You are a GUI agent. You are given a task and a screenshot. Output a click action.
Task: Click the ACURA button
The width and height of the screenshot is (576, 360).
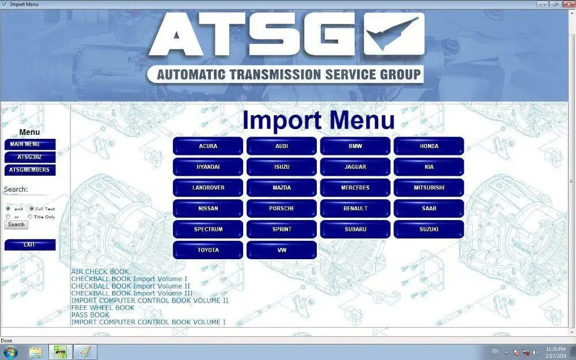(x=208, y=146)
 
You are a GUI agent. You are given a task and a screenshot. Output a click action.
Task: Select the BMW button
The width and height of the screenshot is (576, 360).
(x=355, y=146)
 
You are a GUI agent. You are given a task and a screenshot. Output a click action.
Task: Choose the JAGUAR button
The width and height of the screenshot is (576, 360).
(x=355, y=167)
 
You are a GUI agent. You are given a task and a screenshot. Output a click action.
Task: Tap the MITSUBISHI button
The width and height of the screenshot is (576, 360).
(x=429, y=188)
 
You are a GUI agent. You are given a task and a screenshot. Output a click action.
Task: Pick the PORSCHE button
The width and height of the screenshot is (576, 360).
(x=282, y=209)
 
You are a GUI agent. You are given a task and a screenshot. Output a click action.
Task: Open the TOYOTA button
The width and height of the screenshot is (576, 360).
(x=208, y=250)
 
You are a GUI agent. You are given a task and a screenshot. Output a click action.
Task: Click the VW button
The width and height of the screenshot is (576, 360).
(x=282, y=250)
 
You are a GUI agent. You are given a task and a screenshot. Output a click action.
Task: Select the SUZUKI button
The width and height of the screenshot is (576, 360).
(x=429, y=229)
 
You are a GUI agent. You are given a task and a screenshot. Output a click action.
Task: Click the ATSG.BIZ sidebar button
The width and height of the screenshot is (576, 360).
(x=30, y=157)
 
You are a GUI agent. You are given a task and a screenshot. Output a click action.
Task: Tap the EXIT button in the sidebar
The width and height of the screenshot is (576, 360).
(x=30, y=245)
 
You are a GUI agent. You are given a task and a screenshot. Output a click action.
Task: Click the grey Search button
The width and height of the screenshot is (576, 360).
(x=16, y=225)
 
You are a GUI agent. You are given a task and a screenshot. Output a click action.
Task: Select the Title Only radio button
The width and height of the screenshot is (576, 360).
(x=31, y=217)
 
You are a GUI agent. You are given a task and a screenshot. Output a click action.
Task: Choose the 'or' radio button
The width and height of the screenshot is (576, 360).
(x=8, y=217)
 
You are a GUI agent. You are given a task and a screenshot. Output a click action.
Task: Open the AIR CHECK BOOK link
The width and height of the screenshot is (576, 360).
(x=100, y=271)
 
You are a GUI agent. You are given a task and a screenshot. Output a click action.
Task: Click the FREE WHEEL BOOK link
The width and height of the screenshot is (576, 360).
(x=103, y=308)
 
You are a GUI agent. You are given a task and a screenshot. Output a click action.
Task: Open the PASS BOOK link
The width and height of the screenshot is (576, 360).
(x=90, y=315)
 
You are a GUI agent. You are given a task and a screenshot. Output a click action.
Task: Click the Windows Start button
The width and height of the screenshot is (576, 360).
(x=10, y=351)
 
